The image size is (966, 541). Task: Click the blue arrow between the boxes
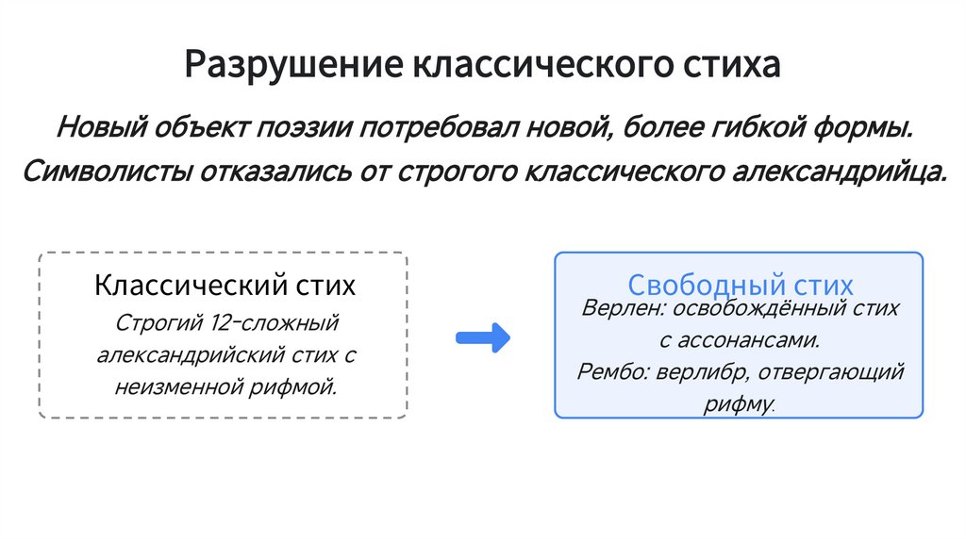(x=482, y=338)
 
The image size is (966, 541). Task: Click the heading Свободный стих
(x=740, y=285)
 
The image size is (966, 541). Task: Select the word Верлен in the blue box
(x=614, y=308)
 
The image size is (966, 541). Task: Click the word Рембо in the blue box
(x=609, y=371)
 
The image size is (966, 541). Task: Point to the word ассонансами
(x=753, y=339)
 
